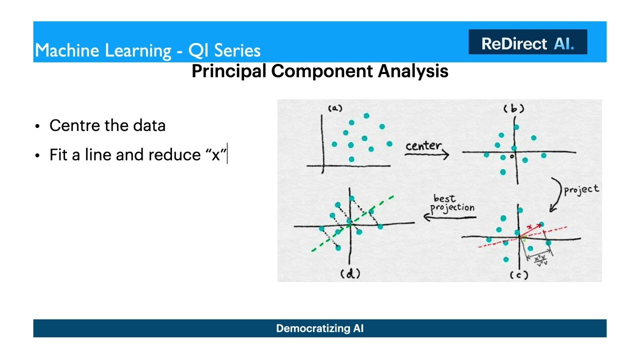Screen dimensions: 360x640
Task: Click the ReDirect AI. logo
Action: (x=527, y=43)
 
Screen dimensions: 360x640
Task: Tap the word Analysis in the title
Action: (x=413, y=70)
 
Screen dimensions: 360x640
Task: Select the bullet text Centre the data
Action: (x=107, y=125)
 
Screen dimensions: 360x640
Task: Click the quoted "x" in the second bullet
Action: (x=216, y=154)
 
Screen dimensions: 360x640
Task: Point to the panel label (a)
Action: (x=334, y=108)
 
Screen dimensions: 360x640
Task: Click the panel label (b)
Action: (x=513, y=108)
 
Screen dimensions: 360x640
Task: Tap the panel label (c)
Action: (x=518, y=274)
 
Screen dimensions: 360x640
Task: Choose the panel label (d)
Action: (x=350, y=273)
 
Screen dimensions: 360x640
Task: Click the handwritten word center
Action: (x=423, y=145)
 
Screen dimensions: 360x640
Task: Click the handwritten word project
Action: (x=581, y=189)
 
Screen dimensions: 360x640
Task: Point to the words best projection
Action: (x=452, y=203)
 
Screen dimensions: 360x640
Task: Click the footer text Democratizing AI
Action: (x=319, y=328)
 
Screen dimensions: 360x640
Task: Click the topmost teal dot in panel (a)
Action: (x=366, y=116)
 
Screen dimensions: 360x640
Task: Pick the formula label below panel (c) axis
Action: (x=540, y=260)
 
